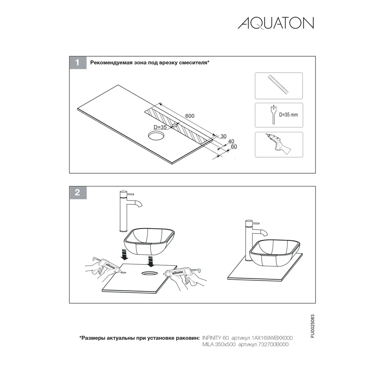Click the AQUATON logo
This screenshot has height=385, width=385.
276,23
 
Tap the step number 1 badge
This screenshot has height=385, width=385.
78,63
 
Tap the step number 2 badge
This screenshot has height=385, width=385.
78,192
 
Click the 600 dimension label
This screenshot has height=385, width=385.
190,116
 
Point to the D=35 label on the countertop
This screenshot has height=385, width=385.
160,127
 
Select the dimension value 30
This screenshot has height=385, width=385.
223,136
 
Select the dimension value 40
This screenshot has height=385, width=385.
231,141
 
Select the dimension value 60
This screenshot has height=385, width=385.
234,147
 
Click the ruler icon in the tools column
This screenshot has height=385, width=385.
278,84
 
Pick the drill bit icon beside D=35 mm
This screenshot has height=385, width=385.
273,115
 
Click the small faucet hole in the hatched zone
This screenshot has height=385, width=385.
174,126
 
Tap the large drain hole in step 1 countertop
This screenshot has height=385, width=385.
156,136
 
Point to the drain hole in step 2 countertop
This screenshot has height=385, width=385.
149,273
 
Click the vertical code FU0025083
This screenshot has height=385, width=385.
312,326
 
